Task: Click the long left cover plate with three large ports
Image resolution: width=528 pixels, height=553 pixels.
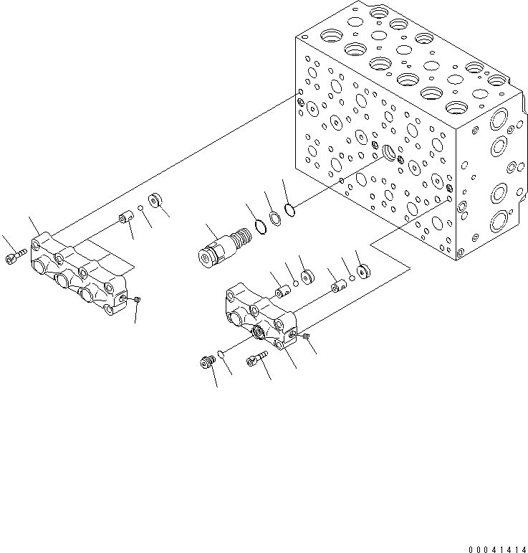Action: tap(79, 275)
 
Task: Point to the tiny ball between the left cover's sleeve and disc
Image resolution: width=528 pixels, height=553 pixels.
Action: tap(142, 209)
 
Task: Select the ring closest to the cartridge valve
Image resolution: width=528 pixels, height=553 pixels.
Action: tap(261, 227)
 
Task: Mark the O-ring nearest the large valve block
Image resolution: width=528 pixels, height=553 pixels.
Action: tap(289, 209)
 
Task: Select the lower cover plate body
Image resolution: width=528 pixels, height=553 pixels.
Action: tap(262, 319)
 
